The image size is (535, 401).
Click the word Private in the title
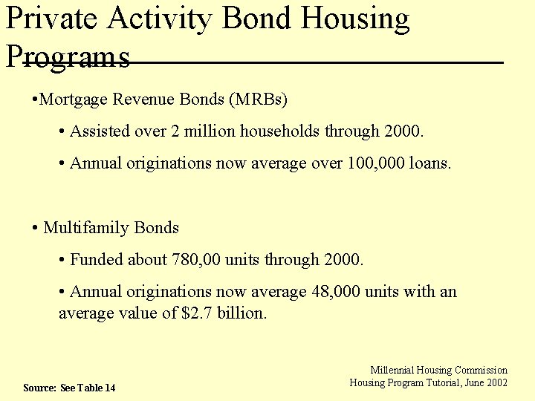pyautogui.click(x=51, y=19)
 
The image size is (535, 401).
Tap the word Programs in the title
pyautogui.click(x=68, y=56)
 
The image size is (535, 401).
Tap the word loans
pyautogui.click(x=430, y=163)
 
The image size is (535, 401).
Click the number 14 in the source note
pyautogui.click(x=110, y=388)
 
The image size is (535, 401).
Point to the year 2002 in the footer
pyautogui.click(x=496, y=382)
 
